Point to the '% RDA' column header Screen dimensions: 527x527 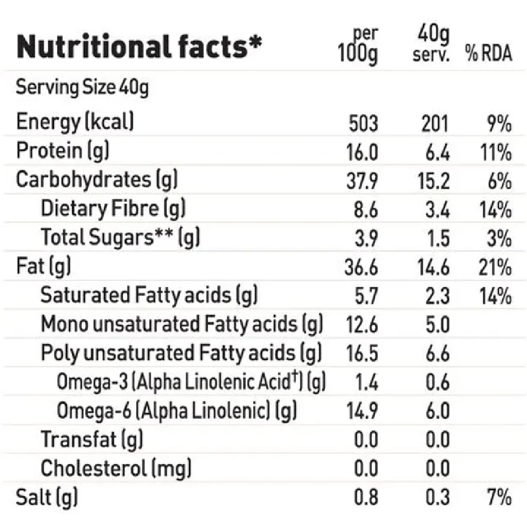488,54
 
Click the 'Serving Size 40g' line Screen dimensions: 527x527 82,87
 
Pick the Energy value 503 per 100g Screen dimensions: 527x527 364,123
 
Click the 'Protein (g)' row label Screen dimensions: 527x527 63,151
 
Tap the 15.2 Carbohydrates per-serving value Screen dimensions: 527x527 434,181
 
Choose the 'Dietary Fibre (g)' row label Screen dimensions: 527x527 113,209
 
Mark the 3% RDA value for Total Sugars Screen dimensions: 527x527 499,238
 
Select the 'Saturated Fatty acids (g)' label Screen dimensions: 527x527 149,296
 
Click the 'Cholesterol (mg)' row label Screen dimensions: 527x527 116,467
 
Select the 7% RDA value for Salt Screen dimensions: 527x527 499,497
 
